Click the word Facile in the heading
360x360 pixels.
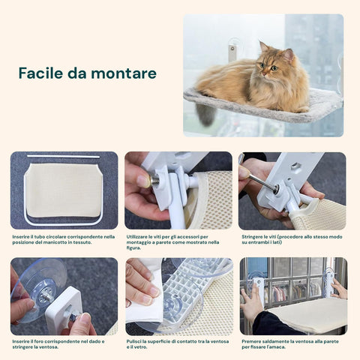(39, 73)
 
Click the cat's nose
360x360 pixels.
(272, 69)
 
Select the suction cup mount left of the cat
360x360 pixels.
(232, 51)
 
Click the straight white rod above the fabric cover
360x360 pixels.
(64, 157)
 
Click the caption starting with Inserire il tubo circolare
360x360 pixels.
(64, 239)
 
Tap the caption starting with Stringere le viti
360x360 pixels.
(292, 239)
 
